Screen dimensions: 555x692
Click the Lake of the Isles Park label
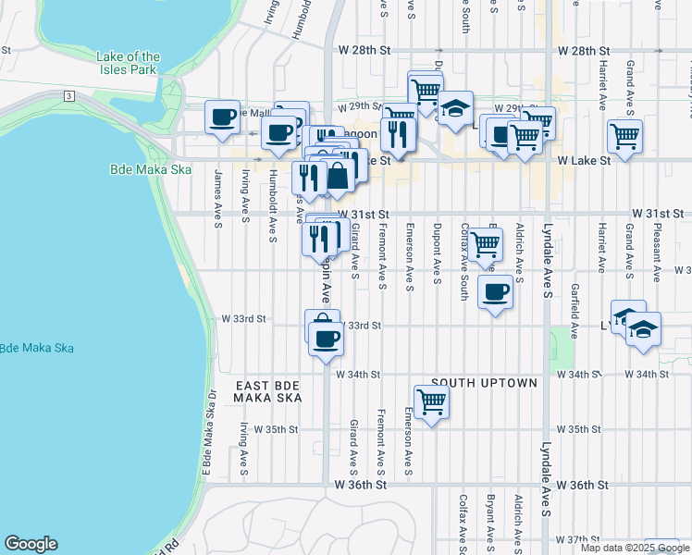click(x=128, y=64)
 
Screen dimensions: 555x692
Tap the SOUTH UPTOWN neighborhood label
click(x=483, y=383)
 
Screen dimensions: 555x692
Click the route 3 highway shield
click(x=68, y=96)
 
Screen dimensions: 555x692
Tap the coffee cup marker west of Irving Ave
click(x=222, y=117)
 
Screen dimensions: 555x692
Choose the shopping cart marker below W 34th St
click(x=431, y=402)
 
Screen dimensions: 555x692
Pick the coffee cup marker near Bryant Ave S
click(x=495, y=293)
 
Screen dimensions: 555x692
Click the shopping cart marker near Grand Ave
click(x=625, y=137)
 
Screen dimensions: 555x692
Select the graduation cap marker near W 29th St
click(x=454, y=109)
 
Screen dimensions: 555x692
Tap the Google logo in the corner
click(x=31, y=544)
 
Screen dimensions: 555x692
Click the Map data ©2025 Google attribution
click(x=635, y=548)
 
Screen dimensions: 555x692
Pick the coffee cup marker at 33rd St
click(x=324, y=339)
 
